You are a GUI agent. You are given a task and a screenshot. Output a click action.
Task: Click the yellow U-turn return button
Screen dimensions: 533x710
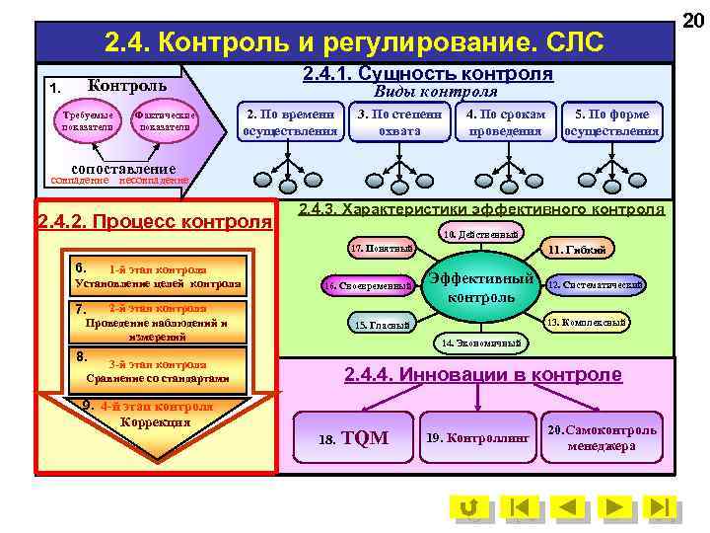[469, 508]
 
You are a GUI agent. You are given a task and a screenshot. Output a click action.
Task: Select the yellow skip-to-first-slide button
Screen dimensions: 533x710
[518, 508]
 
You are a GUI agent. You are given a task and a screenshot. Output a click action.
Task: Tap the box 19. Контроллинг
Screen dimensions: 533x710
[477, 437]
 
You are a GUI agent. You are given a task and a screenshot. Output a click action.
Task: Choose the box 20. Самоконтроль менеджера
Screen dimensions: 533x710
[603, 437]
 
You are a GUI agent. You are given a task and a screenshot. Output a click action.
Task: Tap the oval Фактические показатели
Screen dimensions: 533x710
[166, 121]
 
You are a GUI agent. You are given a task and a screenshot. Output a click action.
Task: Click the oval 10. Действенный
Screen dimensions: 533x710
[480, 235]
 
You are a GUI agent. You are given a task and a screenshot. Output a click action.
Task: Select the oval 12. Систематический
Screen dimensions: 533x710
[596, 285]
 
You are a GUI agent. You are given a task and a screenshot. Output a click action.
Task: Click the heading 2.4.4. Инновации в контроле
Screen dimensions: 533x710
[482, 375]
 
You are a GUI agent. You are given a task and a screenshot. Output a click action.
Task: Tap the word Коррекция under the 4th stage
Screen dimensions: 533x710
[154, 422]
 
